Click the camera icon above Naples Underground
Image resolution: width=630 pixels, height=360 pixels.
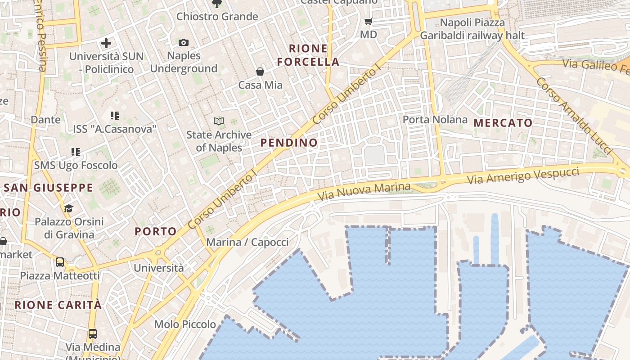pos(184,43)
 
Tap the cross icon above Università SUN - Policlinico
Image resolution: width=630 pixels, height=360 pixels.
pos(106,43)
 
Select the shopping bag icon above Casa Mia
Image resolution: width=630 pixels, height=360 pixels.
pos(260,72)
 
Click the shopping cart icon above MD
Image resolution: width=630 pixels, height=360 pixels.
pos(369,21)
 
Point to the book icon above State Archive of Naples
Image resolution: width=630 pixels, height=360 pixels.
pos(219,121)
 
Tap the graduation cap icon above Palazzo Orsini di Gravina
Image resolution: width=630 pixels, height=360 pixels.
pos(68,208)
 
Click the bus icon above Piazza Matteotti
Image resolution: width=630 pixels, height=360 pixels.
pos(60,262)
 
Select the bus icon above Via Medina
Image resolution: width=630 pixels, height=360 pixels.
pos(93,334)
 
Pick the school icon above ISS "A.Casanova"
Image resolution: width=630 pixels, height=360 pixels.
pos(115,116)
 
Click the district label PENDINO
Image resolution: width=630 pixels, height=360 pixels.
pos(289,143)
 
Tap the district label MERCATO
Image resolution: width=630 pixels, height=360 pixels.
pos(503,123)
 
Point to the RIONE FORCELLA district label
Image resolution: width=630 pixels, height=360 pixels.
pos(308,55)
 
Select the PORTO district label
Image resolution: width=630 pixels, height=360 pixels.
pos(156,232)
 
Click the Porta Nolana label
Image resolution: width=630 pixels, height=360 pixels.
pos(435,120)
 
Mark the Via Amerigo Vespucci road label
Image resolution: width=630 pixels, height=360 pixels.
pos(523,175)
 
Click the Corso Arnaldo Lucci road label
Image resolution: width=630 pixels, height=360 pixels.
pos(574,116)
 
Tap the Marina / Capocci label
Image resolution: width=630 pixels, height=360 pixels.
pos(247,242)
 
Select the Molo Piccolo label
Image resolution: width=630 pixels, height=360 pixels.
pos(185,324)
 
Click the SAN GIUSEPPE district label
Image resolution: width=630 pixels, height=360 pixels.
pos(48,188)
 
